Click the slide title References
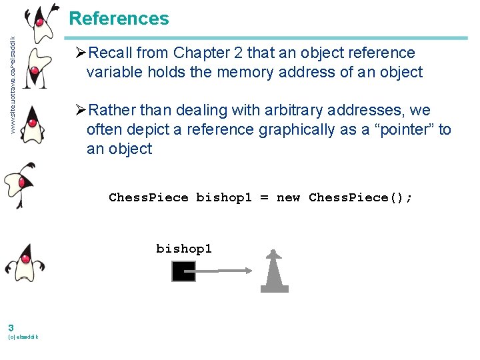point(119,19)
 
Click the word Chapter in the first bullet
point(198,53)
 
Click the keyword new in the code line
point(288,197)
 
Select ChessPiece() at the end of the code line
point(361,197)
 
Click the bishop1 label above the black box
point(184,249)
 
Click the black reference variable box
point(183,271)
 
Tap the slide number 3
point(11,327)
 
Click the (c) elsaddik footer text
point(23,337)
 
